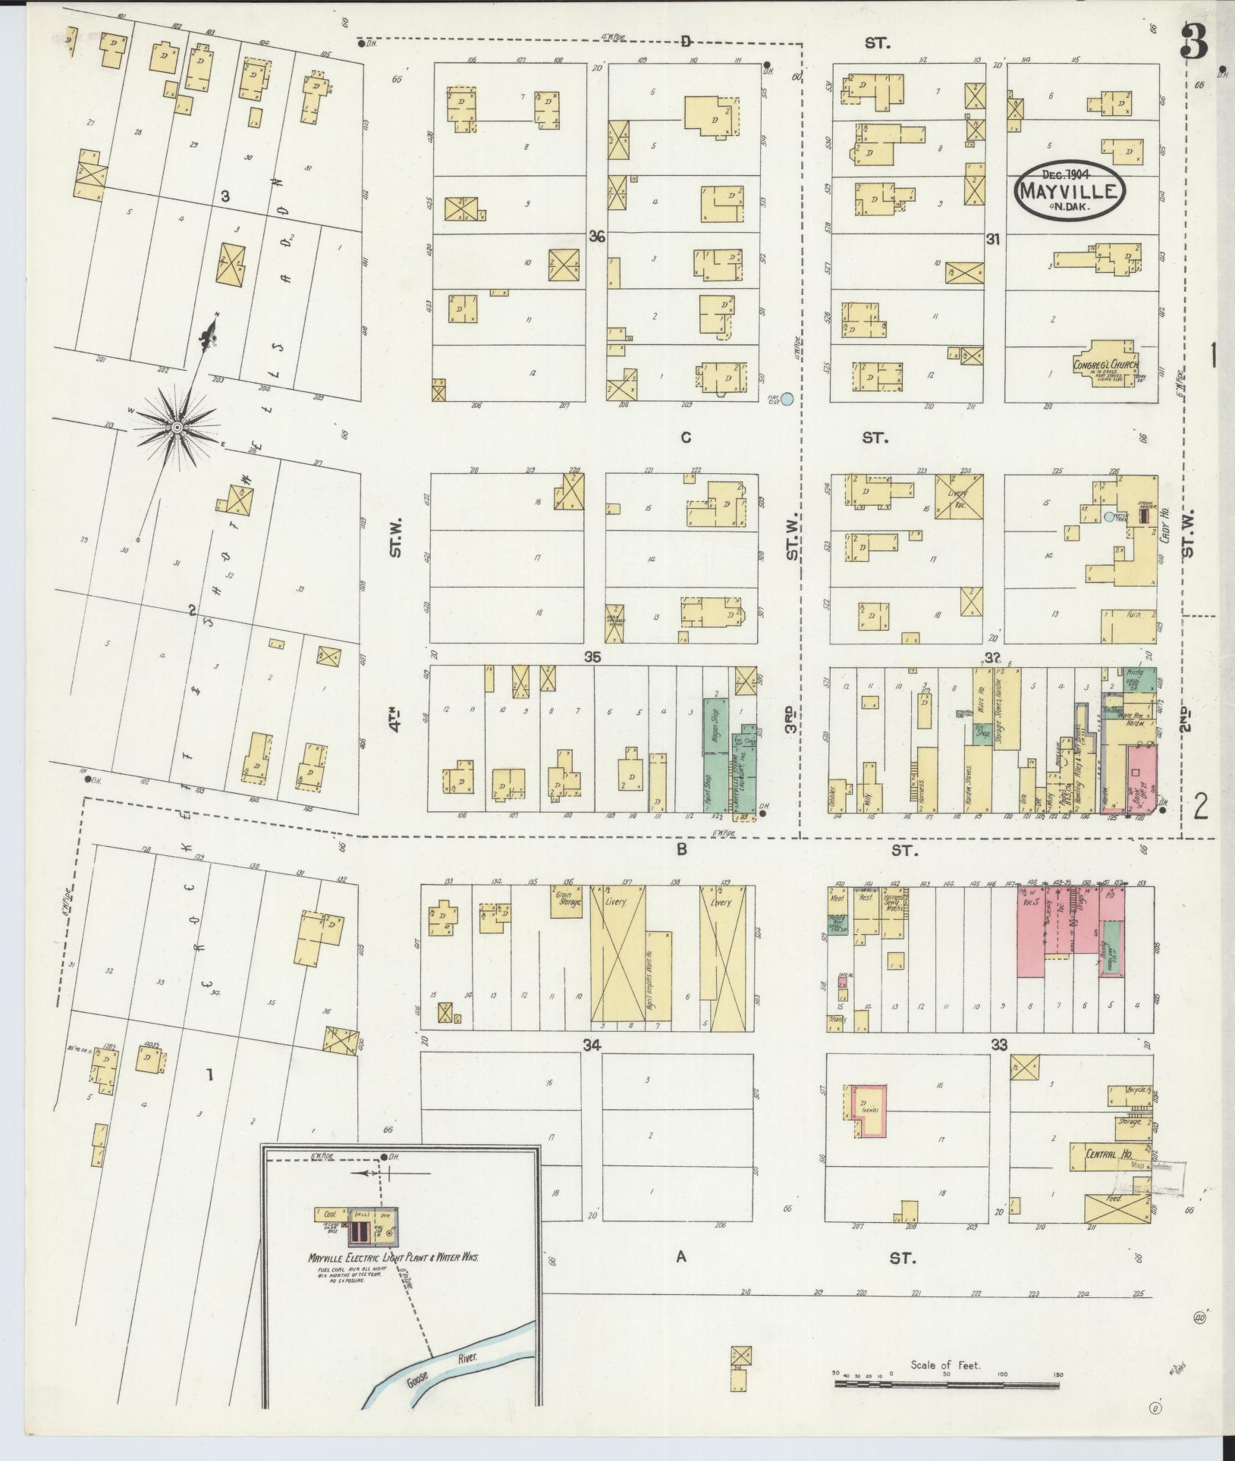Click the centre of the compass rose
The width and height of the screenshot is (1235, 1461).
click(x=176, y=428)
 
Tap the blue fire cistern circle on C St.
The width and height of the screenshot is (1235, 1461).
click(x=788, y=399)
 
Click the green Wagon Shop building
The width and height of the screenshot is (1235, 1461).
click(x=715, y=726)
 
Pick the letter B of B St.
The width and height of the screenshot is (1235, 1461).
click(x=681, y=850)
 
